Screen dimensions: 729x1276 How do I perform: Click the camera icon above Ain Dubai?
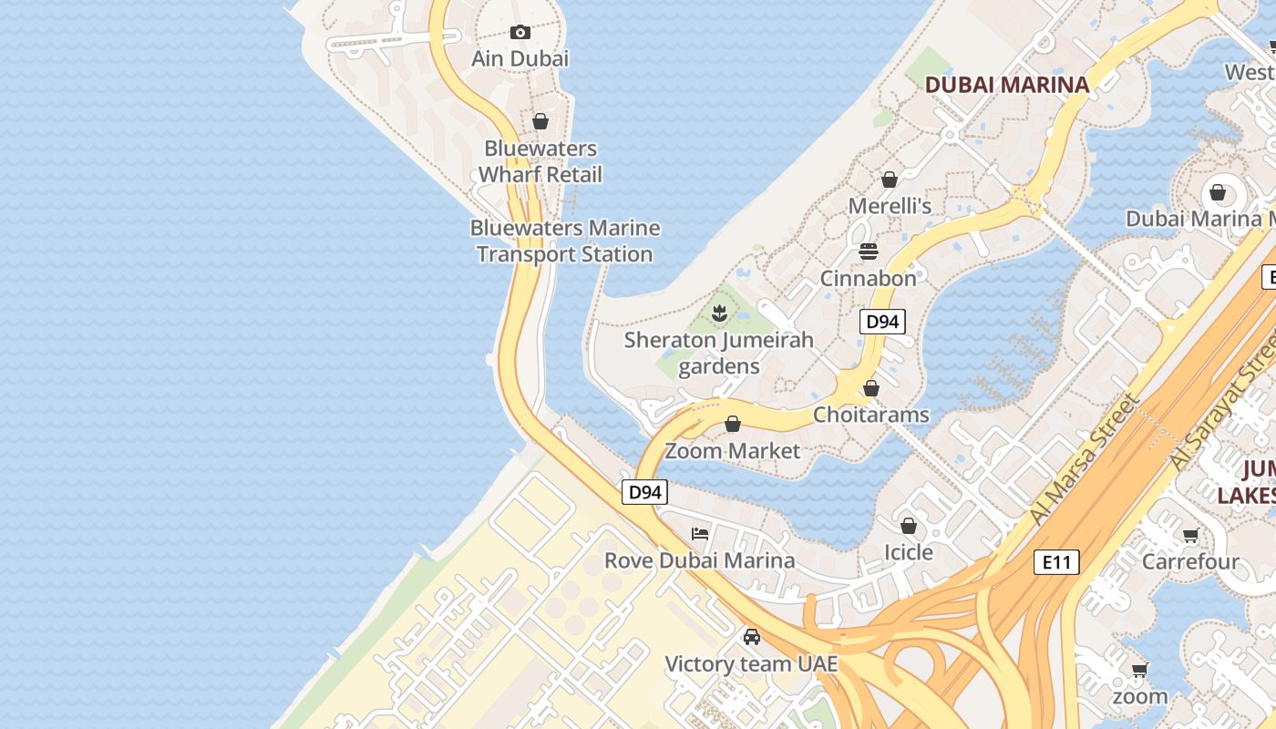point(520,33)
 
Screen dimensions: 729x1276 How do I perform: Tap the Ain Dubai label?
point(520,58)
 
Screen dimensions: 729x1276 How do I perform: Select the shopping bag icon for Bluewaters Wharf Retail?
point(540,121)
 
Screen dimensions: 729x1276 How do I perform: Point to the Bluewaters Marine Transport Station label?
point(565,241)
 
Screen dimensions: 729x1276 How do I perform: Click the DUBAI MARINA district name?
point(1007,85)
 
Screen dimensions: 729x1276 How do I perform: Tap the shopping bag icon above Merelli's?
point(890,180)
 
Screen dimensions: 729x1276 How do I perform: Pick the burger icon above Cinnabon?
point(869,252)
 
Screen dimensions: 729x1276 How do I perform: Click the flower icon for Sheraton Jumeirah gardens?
point(719,314)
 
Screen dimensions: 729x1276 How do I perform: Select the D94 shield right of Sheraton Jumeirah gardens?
point(882,321)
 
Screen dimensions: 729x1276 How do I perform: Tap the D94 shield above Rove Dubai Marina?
point(645,492)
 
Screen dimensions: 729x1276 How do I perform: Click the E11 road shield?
point(1056,562)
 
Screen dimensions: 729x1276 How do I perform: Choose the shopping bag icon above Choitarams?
point(871,389)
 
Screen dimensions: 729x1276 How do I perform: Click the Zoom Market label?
point(733,450)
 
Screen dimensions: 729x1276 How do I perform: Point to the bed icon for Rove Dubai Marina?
point(700,534)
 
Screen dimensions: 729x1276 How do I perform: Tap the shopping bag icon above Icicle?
point(909,527)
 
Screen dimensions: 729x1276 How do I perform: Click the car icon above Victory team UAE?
point(751,637)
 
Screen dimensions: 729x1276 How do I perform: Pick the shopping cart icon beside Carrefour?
point(1190,536)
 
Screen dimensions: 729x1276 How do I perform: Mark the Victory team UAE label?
point(751,663)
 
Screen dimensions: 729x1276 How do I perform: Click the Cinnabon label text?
point(869,278)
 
